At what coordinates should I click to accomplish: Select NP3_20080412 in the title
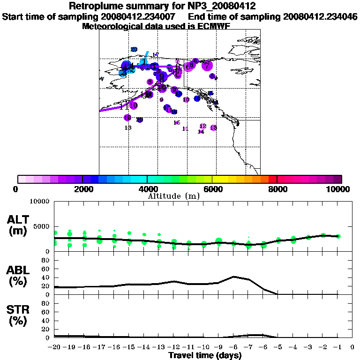click(219, 6)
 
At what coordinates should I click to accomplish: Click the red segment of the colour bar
click(272, 179)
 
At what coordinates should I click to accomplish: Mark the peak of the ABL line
click(233, 277)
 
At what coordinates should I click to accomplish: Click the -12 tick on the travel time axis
click(173, 347)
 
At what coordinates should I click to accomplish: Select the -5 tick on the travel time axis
click(278, 347)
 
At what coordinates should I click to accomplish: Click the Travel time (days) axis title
click(205, 356)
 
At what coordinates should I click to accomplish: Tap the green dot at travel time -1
click(338, 236)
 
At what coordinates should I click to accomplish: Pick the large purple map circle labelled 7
click(207, 66)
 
